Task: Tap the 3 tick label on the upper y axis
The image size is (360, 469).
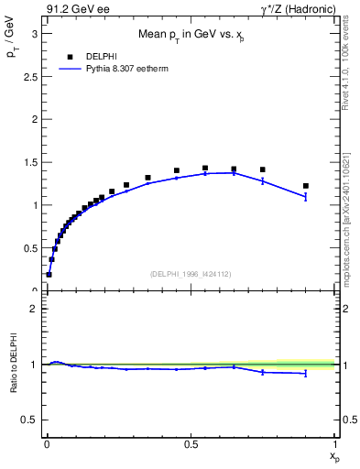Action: click(33, 34)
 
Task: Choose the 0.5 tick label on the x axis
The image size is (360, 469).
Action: click(191, 442)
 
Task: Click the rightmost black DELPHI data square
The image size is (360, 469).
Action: click(306, 186)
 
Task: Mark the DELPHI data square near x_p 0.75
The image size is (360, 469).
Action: click(263, 169)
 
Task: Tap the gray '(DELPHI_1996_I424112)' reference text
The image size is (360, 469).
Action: click(191, 272)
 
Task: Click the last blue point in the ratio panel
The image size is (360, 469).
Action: click(306, 373)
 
